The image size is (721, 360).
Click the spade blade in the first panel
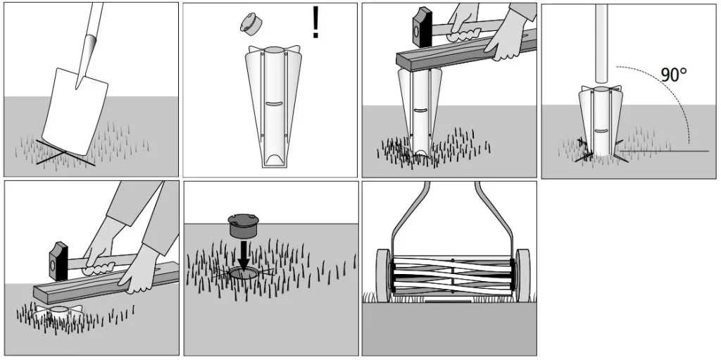click(75, 111)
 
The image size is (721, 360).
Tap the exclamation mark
click(315, 22)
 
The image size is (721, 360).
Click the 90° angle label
click(674, 75)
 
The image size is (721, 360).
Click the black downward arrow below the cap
click(243, 252)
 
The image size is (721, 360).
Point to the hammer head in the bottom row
click(58, 261)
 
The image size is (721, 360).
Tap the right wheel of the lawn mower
click(523, 275)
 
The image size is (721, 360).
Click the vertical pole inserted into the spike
click(602, 45)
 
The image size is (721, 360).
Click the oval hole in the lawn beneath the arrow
click(244, 274)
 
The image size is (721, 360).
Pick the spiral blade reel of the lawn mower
click(453, 275)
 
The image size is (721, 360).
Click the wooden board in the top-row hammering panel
click(466, 51)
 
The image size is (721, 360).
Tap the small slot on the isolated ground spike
click(274, 104)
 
